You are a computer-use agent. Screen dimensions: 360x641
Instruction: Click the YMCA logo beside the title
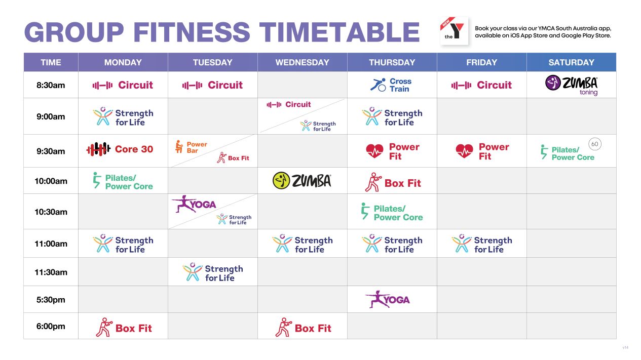(x=454, y=31)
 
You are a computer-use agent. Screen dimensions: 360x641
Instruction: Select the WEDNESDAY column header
(x=302, y=62)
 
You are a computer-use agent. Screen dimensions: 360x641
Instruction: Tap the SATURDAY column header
(x=571, y=62)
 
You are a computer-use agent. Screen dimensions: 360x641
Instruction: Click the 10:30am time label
(x=51, y=212)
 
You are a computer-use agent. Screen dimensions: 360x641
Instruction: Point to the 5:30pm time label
(x=51, y=300)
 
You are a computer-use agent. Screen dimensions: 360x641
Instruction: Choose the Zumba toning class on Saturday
(x=571, y=85)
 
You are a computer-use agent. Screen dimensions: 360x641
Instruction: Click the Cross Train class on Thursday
(x=391, y=85)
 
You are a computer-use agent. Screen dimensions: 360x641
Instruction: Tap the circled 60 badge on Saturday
(x=594, y=144)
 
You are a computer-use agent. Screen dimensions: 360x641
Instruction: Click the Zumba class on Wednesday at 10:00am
(x=302, y=181)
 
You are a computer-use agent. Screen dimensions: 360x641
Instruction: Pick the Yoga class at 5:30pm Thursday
(x=388, y=299)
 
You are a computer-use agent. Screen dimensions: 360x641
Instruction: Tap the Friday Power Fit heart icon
(x=464, y=151)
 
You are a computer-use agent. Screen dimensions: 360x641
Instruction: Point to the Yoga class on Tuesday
(x=194, y=204)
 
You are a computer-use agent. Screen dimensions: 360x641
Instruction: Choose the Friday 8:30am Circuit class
(x=481, y=85)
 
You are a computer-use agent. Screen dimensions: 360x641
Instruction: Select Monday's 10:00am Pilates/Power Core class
(x=123, y=181)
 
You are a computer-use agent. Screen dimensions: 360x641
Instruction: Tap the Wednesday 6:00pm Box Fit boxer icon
(x=283, y=328)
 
